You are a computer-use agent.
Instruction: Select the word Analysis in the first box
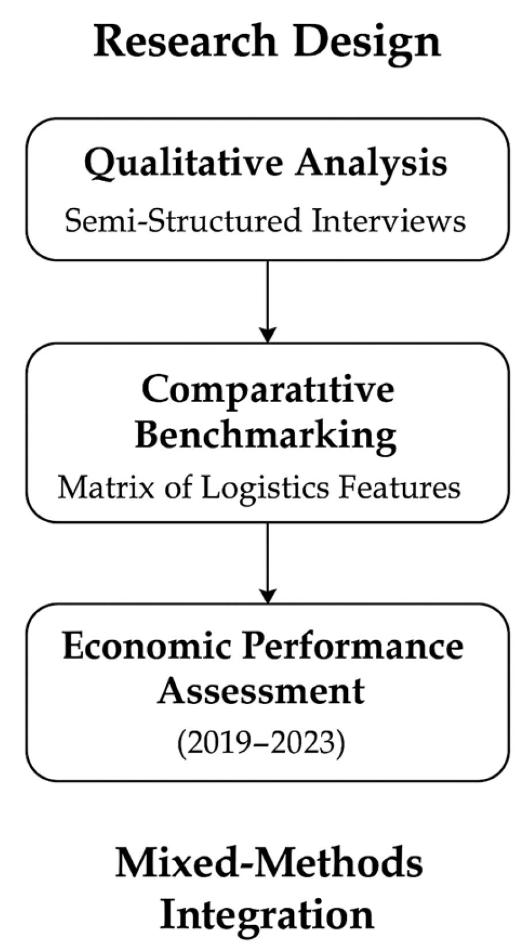[371, 163]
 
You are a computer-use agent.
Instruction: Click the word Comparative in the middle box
[268, 389]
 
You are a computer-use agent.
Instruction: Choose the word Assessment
[262, 690]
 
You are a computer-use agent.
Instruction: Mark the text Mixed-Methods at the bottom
[269, 864]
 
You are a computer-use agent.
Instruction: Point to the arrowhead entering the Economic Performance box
[268, 595]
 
